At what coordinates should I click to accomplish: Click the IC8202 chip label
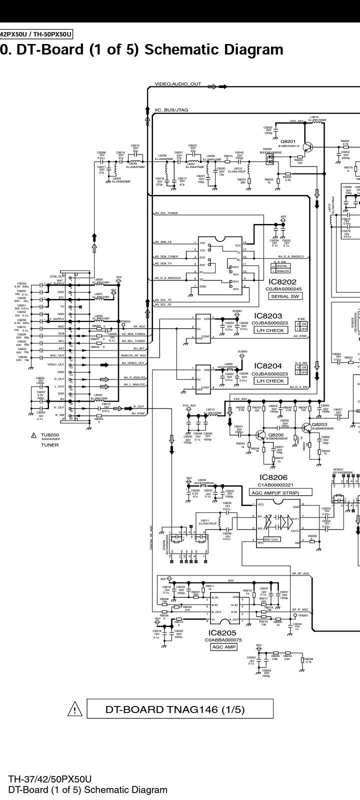coord(282,282)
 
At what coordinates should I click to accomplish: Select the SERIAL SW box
coord(284,296)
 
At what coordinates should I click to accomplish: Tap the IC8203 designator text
coord(268,316)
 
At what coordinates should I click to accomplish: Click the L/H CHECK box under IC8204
coord(270,381)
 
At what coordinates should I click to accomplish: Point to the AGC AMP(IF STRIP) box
coord(280,492)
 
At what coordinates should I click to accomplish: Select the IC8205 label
coord(222,633)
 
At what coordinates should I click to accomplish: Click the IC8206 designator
coord(273,477)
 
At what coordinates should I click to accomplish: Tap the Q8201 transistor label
coord(288,141)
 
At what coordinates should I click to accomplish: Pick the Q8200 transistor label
coord(275,435)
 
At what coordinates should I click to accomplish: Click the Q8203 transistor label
coord(319,424)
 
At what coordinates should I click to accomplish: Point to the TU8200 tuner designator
coord(50,435)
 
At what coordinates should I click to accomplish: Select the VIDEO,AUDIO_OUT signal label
coord(178,84)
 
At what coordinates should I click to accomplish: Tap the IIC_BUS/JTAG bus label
coord(171,110)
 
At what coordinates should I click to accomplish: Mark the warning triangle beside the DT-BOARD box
coord(74,709)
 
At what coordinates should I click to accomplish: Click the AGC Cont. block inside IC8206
coord(271,539)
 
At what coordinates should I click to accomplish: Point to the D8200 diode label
coord(267,149)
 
